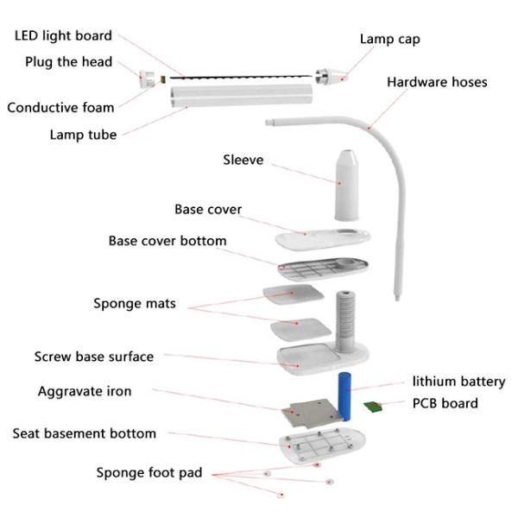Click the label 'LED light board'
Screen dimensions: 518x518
(x=63, y=36)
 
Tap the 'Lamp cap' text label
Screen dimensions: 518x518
(x=390, y=39)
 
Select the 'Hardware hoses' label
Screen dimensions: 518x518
(x=437, y=83)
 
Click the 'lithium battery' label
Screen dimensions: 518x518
(x=458, y=382)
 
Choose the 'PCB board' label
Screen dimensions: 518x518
(x=445, y=403)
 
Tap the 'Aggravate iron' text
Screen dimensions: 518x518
(x=85, y=392)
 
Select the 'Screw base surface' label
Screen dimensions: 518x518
(x=94, y=357)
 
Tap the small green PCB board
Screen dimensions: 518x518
(x=373, y=407)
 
